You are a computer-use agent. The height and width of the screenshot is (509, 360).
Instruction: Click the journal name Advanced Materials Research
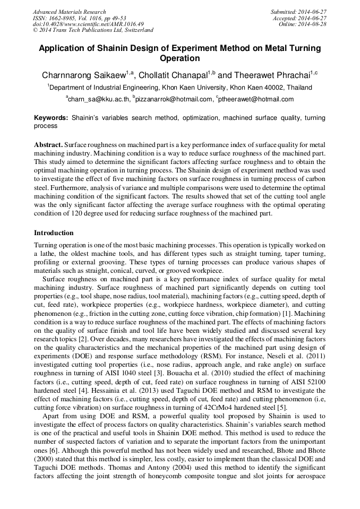69,12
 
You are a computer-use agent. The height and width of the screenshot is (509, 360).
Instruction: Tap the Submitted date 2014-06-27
297,12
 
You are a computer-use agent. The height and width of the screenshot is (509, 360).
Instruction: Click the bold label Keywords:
51,118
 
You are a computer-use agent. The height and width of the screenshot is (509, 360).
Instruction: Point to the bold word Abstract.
48,145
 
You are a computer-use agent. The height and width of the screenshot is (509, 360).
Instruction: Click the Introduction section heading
54,233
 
